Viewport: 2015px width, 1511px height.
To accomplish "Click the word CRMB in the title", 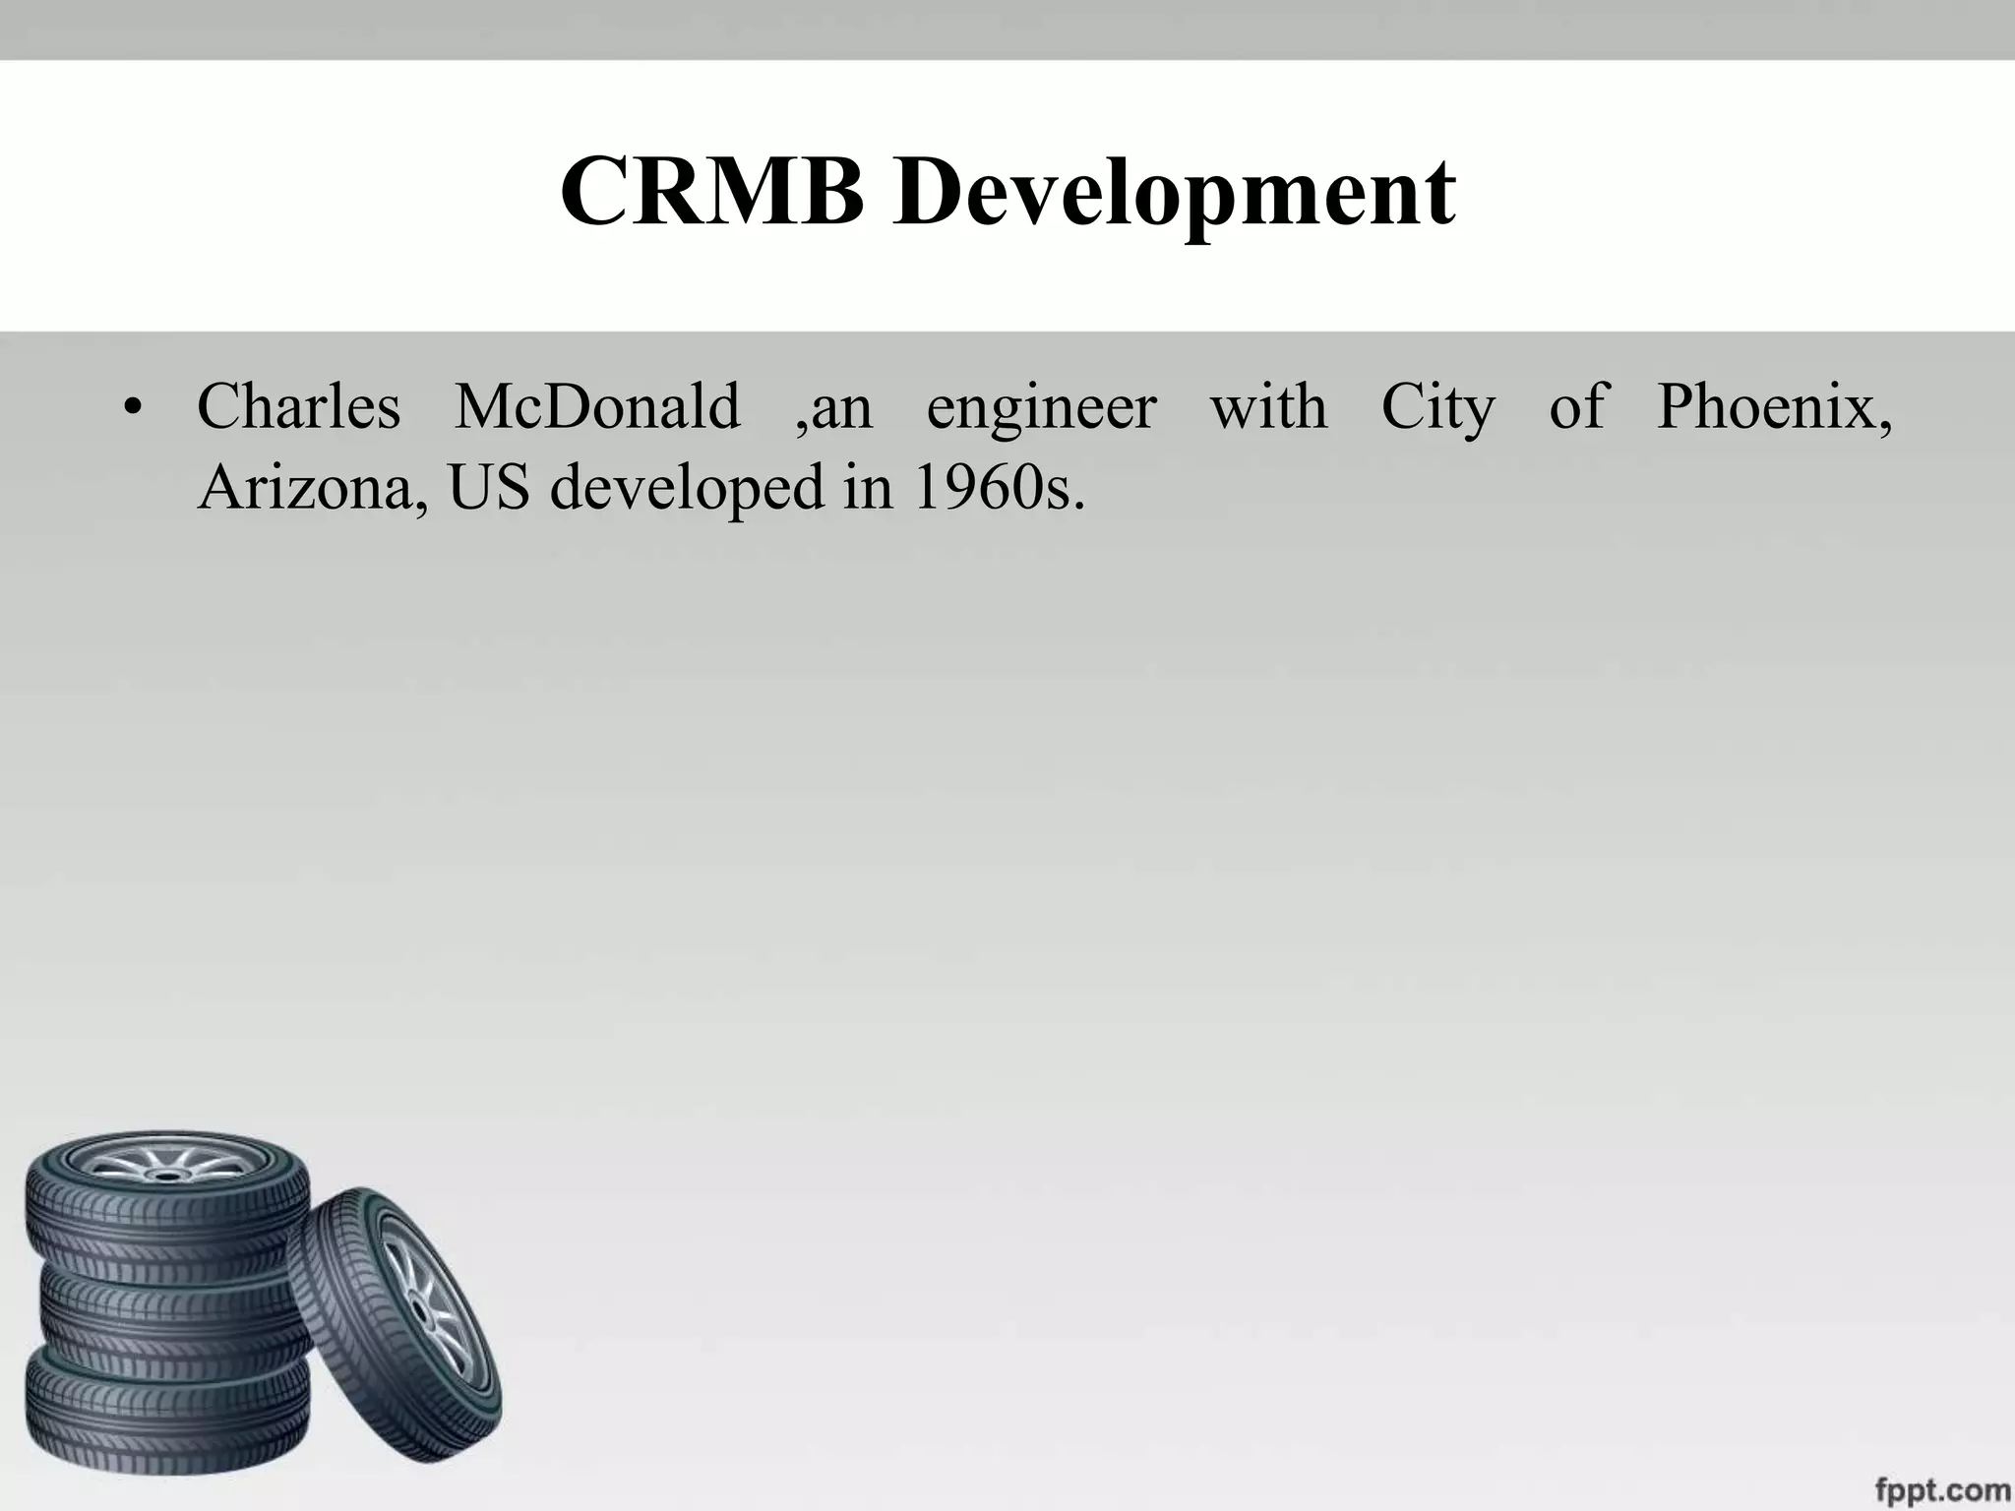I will coord(711,192).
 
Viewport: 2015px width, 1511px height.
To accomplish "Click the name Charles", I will coord(299,406).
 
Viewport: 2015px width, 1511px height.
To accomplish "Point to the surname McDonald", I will coord(597,406).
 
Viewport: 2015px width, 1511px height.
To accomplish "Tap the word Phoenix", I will coord(1774,406).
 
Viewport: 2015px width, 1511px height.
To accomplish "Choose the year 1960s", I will coord(998,487).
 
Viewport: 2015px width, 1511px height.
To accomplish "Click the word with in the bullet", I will coord(1268,406).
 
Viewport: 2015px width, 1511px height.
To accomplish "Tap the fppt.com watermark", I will coord(1939,1487).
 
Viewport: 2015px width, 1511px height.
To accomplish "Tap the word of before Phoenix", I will coord(1577,406).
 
